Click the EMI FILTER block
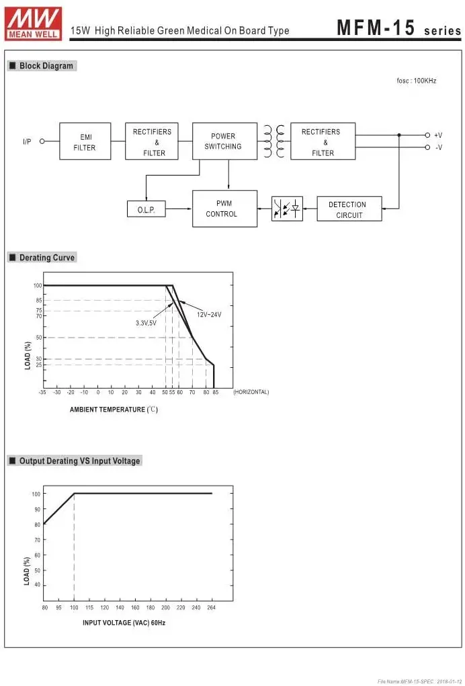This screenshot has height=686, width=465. (85, 141)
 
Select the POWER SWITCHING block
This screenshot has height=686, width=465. (224, 141)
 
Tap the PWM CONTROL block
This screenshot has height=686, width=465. (224, 208)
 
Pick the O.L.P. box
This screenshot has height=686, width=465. (146, 208)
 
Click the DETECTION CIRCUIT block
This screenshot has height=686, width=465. (349, 208)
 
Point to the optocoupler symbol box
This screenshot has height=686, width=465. (287, 208)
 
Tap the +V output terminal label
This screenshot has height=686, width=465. (438, 135)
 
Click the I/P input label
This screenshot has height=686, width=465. (27, 141)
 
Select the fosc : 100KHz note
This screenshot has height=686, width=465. (417, 81)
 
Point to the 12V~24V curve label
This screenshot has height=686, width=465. (209, 315)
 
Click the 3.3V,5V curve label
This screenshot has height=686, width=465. (146, 323)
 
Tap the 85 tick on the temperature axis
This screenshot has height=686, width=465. (216, 393)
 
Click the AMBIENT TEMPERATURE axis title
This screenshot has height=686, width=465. (114, 410)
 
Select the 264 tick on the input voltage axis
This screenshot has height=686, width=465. (212, 608)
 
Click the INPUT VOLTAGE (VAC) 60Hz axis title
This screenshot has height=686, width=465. (124, 623)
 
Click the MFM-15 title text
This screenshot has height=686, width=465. (376, 28)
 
